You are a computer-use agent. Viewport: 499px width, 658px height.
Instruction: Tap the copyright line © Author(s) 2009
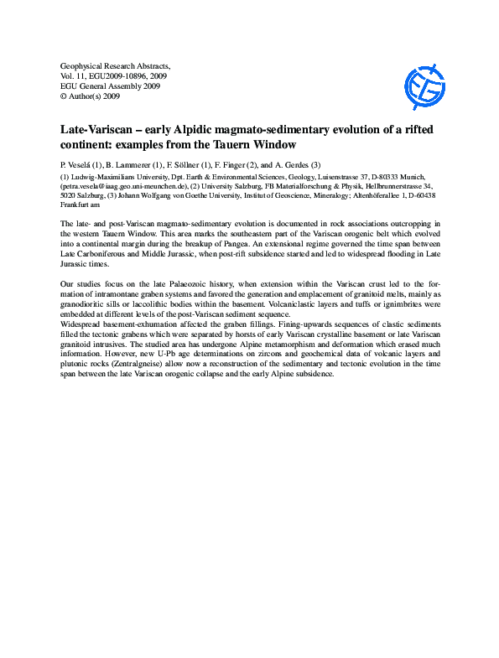(x=91, y=96)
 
